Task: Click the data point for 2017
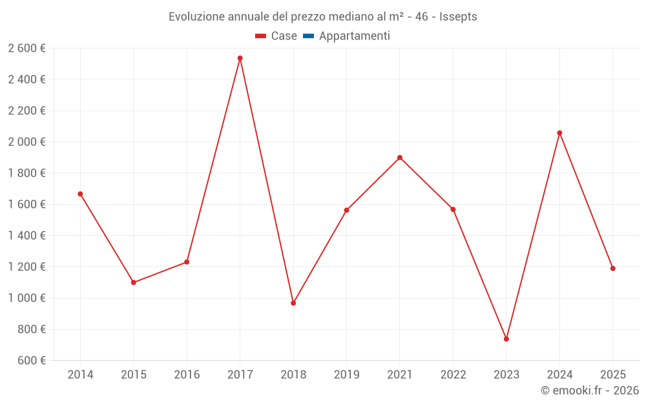(x=240, y=58)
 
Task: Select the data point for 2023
(x=506, y=339)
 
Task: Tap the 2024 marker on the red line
(x=559, y=133)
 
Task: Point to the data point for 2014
(x=80, y=194)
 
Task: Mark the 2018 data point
(x=293, y=303)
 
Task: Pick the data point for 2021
(x=400, y=158)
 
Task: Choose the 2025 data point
(x=612, y=268)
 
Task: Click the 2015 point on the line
(x=134, y=282)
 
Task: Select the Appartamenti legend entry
(x=354, y=36)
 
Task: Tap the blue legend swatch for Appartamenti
(x=308, y=36)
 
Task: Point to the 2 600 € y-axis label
(x=26, y=48)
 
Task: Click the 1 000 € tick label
(x=26, y=298)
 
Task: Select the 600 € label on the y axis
(x=30, y=360)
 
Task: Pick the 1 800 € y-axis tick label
(x=26, y=173)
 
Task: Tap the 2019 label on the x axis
(x=346, y=375)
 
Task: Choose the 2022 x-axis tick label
(x=453, y=375)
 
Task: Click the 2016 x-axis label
(x=187, y=375)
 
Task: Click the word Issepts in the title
(x=458, y=17)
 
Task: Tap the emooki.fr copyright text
(x=590, y=390)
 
